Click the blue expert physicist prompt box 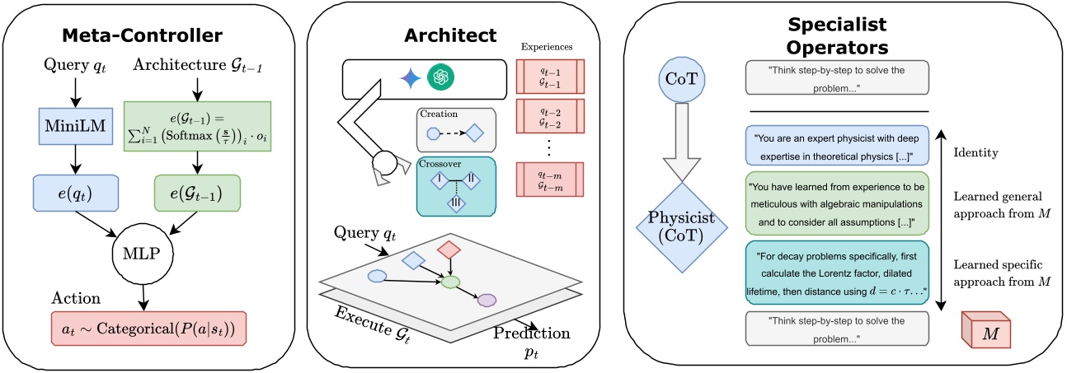pos(837,147)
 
